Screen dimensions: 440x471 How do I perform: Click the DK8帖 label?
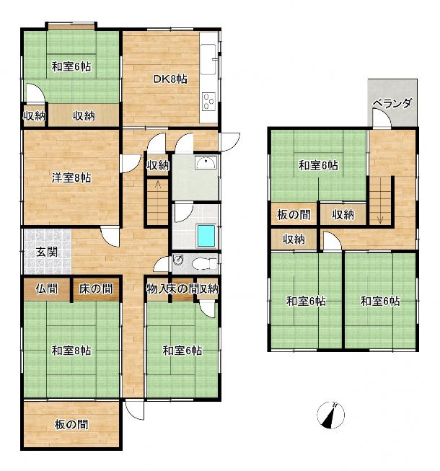[x=170, y=79]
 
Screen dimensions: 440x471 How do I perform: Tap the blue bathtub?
[x=206, y=236]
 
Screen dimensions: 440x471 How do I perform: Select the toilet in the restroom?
[x=204, y=264]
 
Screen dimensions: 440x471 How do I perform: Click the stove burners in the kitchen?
[x=208, y=101]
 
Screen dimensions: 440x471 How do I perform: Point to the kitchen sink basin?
[x=208, y=59]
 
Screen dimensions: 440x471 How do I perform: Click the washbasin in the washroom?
[x=206, y=163]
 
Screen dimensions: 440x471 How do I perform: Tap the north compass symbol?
[x=330, y=415]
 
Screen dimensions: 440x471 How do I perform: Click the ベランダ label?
[x=392, y=103]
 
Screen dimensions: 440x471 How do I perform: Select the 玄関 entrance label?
[x=47, y=252]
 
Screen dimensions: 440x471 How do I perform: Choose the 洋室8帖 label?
[x=71, y=178]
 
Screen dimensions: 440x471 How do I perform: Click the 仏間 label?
[x=47, y=289]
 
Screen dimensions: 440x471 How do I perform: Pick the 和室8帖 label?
[x=71, y=351]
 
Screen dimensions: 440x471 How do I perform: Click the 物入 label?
[x=157, y=289]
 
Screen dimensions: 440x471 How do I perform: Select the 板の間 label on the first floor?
[x=71, y=424]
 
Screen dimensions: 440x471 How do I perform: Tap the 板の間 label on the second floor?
[x=294, y=215]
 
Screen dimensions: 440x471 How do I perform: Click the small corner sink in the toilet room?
[x=178, y=260]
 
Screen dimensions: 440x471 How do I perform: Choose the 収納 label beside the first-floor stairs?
[x=158, y=165]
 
